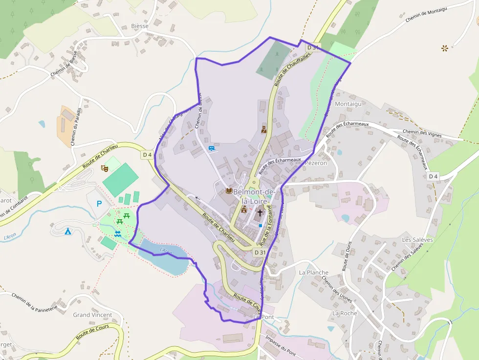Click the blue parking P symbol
pos(100,204)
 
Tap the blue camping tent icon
pos(68,231)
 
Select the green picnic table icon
pos(127,215)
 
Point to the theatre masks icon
pos(104,168)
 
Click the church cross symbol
pos(260,213)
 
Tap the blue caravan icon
pos(212,148)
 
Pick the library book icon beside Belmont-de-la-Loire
pos(228,191)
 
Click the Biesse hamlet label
pos(140,26)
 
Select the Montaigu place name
pos(348,104)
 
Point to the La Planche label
pos(314,273)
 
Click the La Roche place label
pos(345,313)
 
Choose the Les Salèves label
pos(417,240)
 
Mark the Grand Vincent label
pos(92,315)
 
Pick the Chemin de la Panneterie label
pos(35,303)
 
